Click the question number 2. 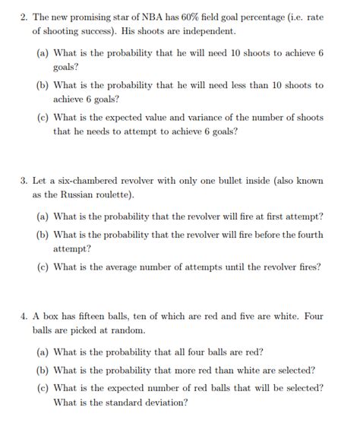point(24,16)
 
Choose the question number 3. point(24,181)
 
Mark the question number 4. point(24,316)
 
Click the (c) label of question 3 point(43,267)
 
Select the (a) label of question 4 point(43,352)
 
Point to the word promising point(95,16)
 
